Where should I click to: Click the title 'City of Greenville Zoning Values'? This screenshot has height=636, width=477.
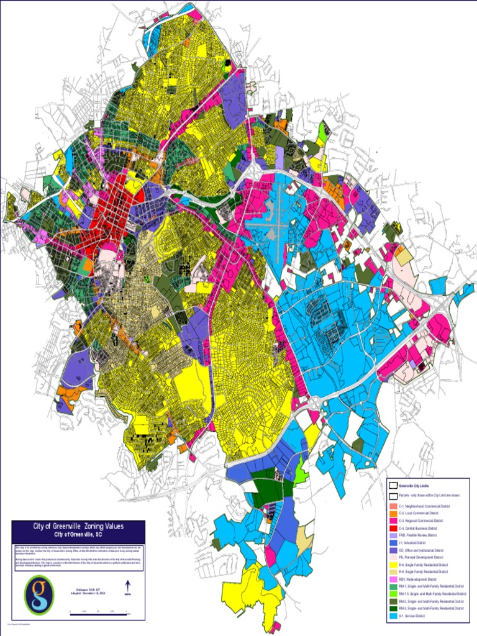(x=78, y=526)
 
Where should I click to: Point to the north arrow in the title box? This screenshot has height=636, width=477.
(x=128, y=586)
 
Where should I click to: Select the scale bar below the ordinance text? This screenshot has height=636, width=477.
(x=99, y=612)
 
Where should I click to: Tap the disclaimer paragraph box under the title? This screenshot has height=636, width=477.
(x=78, y=555)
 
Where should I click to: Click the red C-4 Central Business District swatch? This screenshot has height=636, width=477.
(x=393, y=528)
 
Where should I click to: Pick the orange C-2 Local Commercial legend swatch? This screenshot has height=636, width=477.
(x=393, y=514)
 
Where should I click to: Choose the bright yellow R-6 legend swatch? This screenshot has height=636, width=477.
(x=393, y=565)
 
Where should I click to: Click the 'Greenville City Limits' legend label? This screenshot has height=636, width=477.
(x=414, y=485)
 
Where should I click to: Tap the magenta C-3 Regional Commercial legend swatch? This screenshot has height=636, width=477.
(x=393, y=521)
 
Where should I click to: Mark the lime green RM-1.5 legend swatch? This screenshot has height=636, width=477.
(x=393, y=594)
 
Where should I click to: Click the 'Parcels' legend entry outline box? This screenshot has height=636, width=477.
(x=393, y=496)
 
